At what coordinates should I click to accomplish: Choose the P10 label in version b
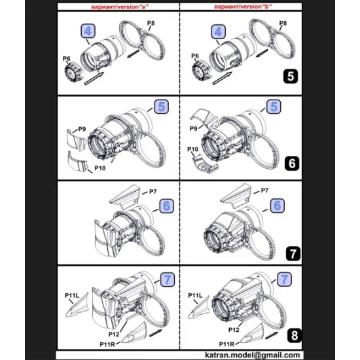click(x=194, y=150)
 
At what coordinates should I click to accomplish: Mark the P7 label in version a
click(x=153, y=191)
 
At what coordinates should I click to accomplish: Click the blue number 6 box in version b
click(x=278, y=205)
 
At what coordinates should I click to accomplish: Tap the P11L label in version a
click(x=72, y=295)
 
